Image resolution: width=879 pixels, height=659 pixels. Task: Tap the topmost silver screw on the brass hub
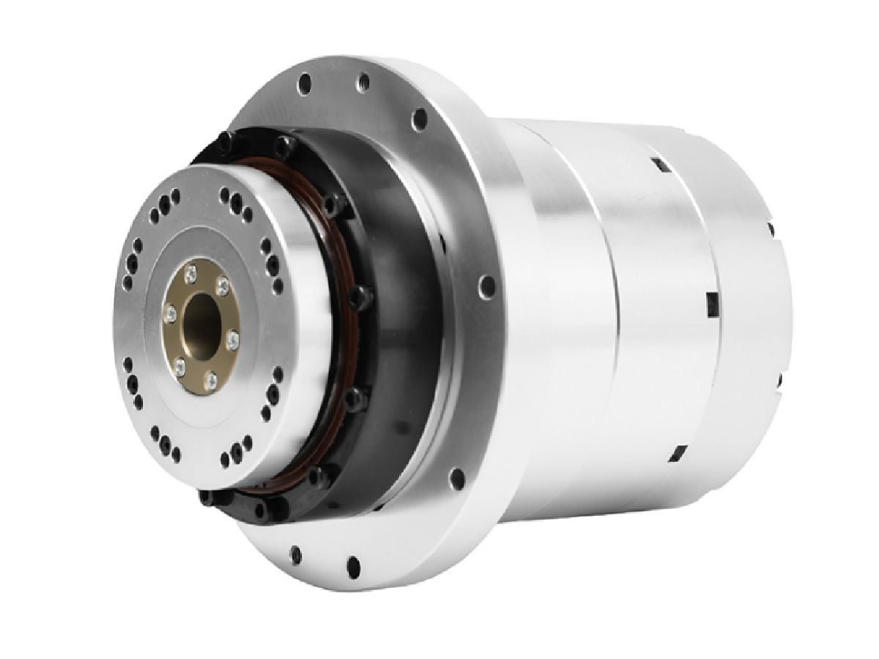click(191, 273)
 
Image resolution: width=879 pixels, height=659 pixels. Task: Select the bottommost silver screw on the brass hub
click(210, 379)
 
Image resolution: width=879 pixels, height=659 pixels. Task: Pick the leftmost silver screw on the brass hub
click(170, 313)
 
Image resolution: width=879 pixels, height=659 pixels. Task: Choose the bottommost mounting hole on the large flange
click(354, 564)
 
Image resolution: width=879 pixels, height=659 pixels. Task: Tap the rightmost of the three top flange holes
click(420, 118)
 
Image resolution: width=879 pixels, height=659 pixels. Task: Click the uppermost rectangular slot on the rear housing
click(657, 165)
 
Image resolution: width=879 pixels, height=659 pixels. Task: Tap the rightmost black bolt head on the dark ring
click(358, 295)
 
